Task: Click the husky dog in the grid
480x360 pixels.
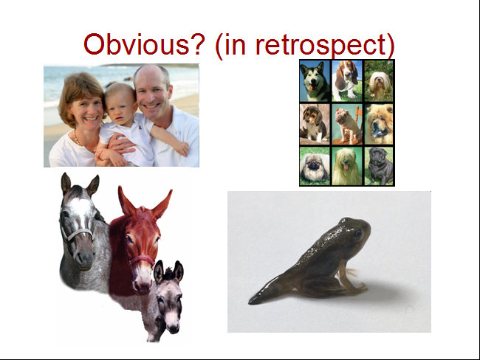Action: (315, 81)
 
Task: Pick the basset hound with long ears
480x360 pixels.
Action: (347, 81)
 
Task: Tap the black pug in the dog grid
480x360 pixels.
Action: (380, 167)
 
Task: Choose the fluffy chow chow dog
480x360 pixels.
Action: (379, 124)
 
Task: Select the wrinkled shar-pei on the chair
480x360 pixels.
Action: (348, 125)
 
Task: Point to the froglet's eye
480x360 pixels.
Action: (358, 235)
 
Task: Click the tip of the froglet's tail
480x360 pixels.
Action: (249, 302)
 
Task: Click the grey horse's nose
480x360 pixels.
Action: (84, 258)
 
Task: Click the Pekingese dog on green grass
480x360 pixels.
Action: (315, 167)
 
